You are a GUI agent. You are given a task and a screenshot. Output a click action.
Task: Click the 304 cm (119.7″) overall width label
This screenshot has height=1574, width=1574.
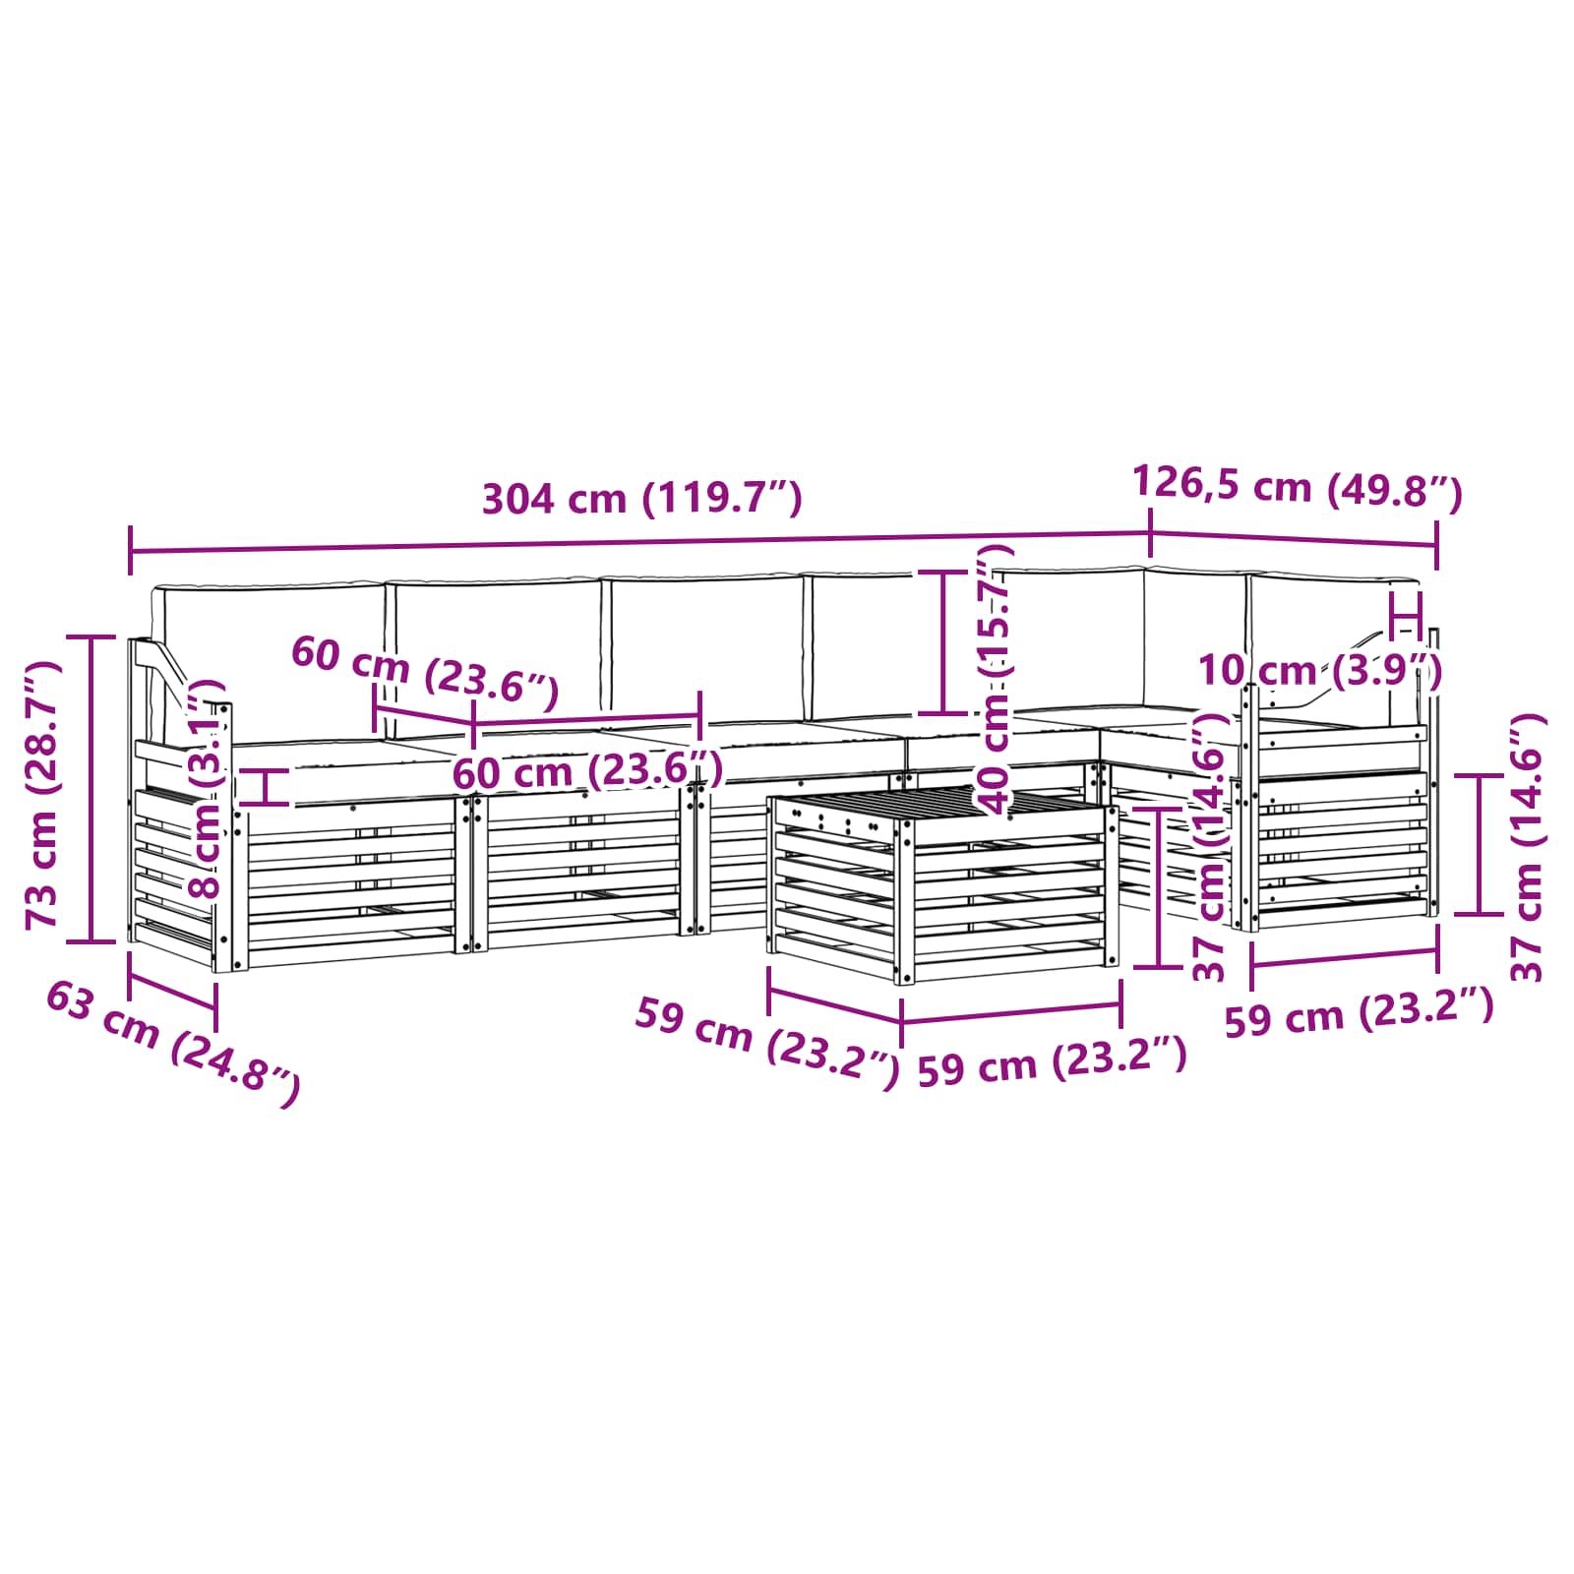point(641,499)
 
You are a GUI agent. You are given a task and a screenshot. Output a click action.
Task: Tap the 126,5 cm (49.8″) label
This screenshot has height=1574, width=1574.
point(1297,487)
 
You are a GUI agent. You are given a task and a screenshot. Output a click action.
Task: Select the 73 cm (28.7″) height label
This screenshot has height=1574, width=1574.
point(44,795)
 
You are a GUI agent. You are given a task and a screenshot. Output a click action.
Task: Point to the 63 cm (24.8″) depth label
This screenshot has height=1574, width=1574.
point(173,1045)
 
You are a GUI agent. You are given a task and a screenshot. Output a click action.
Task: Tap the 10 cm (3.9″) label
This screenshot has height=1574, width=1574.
point(1319,672)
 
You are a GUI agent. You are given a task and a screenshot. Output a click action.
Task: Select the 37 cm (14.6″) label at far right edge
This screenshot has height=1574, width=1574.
point(1528,848)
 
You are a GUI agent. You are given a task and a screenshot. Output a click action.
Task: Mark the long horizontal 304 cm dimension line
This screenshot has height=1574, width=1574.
point(639,542)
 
